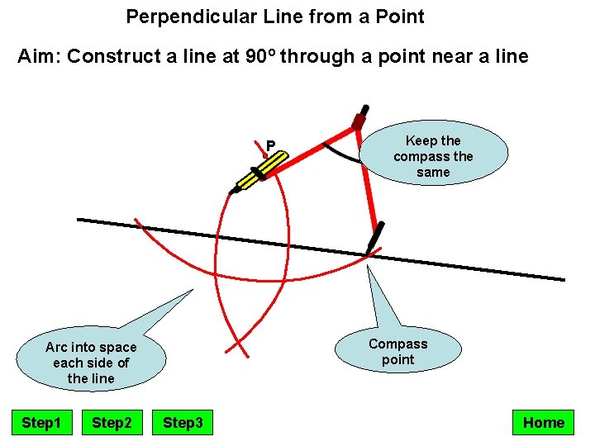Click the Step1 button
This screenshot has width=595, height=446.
(41, 423)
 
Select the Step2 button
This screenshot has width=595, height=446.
(112, 423)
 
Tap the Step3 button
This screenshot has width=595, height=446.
(183, 423)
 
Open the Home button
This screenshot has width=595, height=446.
(543, 423)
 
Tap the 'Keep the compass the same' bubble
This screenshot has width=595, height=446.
(433, 156)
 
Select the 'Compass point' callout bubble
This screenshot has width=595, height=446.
(397, 352)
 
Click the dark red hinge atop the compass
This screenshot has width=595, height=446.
(359, 120)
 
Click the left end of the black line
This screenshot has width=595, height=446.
(79, 220)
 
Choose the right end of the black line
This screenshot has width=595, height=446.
(563, 280)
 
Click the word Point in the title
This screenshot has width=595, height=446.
(400, 16)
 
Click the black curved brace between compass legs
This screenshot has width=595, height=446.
(340, 154)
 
